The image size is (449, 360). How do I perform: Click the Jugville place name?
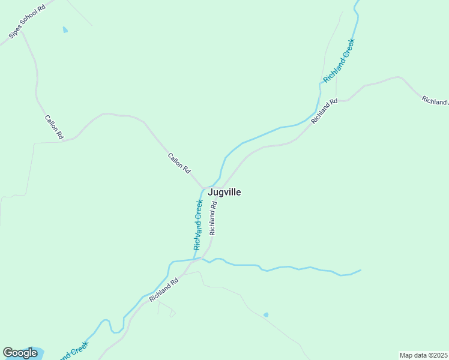[224, 193]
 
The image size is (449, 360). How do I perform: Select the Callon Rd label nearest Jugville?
[179, 164]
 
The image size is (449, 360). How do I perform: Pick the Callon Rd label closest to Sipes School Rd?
[54, 126]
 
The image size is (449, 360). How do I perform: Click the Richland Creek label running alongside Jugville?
[198, 224]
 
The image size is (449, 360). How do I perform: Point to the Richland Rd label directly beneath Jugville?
[212, 218]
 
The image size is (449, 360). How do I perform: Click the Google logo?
[20, 353]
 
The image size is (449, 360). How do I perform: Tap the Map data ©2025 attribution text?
[424, 355]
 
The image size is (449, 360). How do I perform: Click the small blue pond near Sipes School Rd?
[65, 29]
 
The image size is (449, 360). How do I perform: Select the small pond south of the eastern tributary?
[265, 314]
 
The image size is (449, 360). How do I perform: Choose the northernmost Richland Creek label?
[339, 61]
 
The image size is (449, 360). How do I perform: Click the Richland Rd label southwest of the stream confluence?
[164, 289]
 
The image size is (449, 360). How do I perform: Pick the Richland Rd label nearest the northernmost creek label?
[325, 112]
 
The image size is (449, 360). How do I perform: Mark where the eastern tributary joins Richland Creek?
[194, 259]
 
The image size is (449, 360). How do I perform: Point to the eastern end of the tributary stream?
[360, 271]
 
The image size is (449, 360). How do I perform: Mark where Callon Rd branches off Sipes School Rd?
[22, 32]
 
